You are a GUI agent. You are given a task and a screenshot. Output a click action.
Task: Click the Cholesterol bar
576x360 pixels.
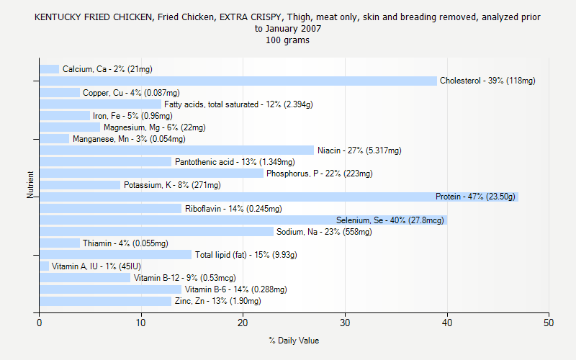pyautogui.click(x=238, y=81)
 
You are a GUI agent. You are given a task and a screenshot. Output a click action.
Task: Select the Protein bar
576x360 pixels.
pyautogui.click(x=279, y=197)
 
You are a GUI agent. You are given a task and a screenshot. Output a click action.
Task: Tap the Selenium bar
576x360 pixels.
pyautogui.click(x=243, y=220)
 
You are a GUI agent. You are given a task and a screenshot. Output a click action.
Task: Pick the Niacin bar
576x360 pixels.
pyautogui.click(x=176, y=150)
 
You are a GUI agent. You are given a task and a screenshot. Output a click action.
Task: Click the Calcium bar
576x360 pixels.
pyautogui.click(x=49, y=69)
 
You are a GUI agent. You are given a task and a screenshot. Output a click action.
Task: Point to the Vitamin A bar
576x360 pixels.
pyautogui.click(x=44, y=266)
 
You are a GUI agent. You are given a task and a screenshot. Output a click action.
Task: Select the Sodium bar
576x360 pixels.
pyautogui.click(x=156, y=232)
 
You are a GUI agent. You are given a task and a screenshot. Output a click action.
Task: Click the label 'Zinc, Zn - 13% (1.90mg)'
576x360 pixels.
pyautogui.click(x=217, y=301)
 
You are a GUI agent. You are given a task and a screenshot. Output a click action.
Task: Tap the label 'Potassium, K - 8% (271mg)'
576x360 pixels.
pyautogui.click(x=172, y=185)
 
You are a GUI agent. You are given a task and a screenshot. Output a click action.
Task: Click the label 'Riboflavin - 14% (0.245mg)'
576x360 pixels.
pyautogui.click(x=233, y=209)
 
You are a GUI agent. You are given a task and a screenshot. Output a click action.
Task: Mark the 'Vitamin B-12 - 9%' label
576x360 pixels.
pyautogui.click(x=184, y=278)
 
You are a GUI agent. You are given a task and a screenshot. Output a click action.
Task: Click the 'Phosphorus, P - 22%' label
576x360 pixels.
pyautogui.click(x=320, y=174)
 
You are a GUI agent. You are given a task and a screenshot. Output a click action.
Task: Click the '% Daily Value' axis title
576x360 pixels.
pyautogui.click(x=294, y=341)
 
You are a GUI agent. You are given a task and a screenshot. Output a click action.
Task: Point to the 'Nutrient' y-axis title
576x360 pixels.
pyautogui.click(x=30, y=185)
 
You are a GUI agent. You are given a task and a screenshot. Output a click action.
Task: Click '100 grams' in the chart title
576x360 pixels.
pyautogui.click(x=287, y=40)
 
